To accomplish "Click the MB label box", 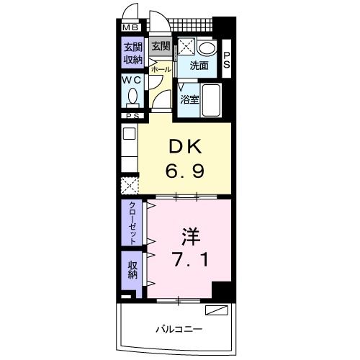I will click(x=131, y=28).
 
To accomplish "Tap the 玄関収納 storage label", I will click(x=132, y=53).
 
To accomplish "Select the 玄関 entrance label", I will click(x=160, y=48).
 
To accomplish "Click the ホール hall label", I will click(x=161, y=69).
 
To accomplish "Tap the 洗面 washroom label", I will click(x=199, y=66).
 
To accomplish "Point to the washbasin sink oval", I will click(x=207, y=48).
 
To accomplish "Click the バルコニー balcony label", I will click(x=179, y=329).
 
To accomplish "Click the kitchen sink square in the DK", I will click(x=129, y=133).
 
